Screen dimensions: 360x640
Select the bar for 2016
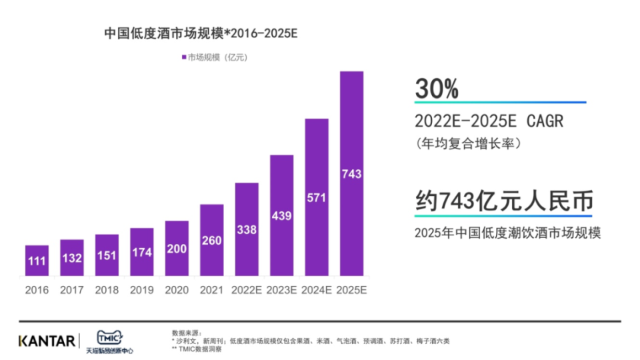pyautogui.click(x=37, y=261)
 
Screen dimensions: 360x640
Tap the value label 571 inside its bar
pyautogui.click(x=317, y=197)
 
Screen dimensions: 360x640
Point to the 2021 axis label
pyautogui.click(x=211, y=290)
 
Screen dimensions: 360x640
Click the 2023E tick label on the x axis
pyautogui.click(x=281, y=290)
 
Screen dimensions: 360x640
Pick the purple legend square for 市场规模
pyautogui.click(x=184, y=58)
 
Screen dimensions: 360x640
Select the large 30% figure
pyautogui.click(x=437, y=88)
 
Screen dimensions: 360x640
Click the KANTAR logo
pyautogui.click(x=47, y=341)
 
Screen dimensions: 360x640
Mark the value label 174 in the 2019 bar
pyautogui.click(x=141, y=253)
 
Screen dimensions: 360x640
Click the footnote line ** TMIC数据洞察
pyautogui.click(x=196, y=349)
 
